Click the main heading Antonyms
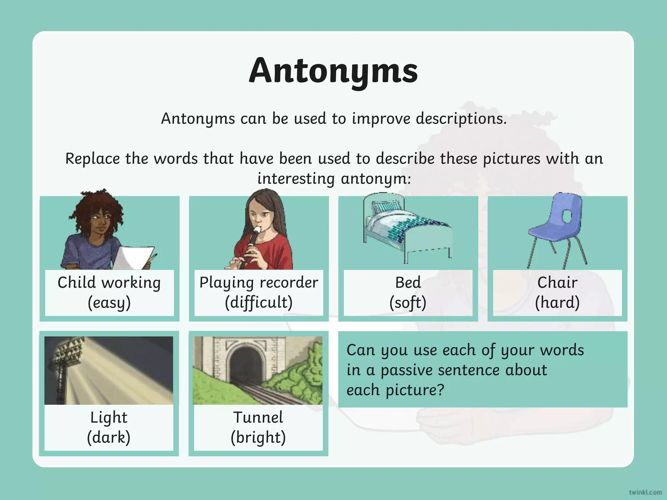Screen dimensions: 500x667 (333, 71)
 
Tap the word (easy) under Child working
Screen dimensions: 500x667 (109, 303)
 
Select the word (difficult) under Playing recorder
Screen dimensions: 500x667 (259, 303)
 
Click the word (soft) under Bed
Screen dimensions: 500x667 (408, 303)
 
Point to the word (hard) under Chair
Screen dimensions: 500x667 (557, 303)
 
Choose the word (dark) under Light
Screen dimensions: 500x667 (109, 437)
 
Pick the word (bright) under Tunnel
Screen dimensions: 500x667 (258, 437)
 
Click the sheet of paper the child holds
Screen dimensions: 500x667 (132, 257)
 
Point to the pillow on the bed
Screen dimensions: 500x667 (386, 206)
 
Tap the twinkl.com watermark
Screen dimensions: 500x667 (645, 492)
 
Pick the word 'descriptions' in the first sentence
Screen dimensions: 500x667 (461, 118)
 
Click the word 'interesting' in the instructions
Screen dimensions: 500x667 (296, 179)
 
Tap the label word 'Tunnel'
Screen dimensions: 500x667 (258, 418)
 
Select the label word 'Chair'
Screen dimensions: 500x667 (557, 283)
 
